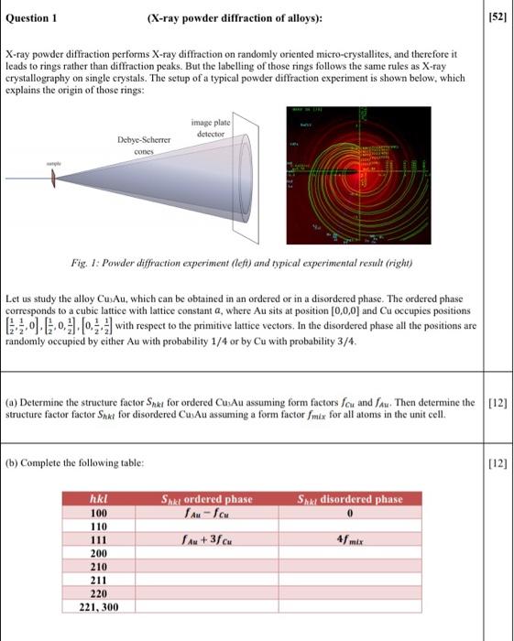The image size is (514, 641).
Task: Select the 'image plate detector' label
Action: point(212,128)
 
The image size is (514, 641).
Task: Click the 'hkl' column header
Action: point(96,499)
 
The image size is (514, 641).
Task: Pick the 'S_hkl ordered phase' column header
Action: point(206,499)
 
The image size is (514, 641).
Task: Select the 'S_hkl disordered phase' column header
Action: point(350,499)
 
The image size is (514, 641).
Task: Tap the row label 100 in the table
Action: point(97,513)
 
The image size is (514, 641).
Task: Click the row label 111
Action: point(97,540)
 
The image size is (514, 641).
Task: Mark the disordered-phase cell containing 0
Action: point(350,513)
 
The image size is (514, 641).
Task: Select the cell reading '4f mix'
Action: point(350,540)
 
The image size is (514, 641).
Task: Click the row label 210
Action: point(97,567)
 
